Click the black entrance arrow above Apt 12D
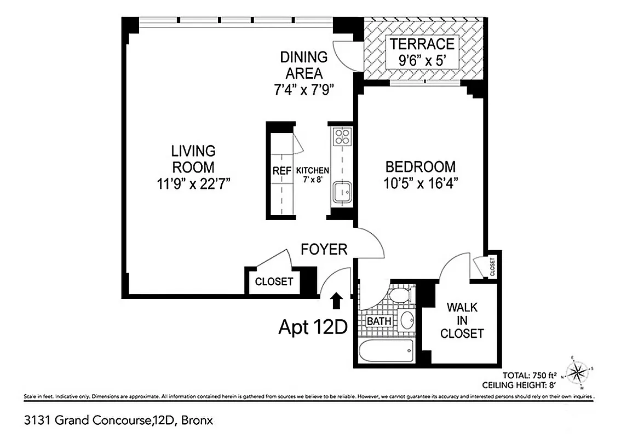(336, 300)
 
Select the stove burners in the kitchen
(342, 136)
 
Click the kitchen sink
(342, 191)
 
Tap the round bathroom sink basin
(407, 320)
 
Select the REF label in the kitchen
(282, 171)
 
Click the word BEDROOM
(420, 166)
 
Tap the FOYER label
(324, 250)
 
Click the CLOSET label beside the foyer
(274, 282)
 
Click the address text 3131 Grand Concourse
(86, 421)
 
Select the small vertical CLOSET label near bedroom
(492, 267)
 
